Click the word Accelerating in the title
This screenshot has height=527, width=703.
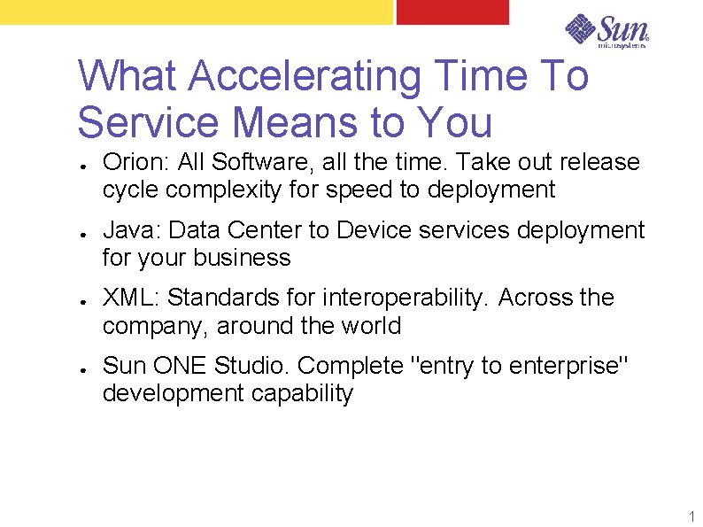(301, 76)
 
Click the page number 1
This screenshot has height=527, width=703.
(691, 515)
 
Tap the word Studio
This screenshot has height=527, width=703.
(252, 366)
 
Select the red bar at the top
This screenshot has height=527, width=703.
(452, 11)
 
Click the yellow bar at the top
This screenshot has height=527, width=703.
(195, 11)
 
